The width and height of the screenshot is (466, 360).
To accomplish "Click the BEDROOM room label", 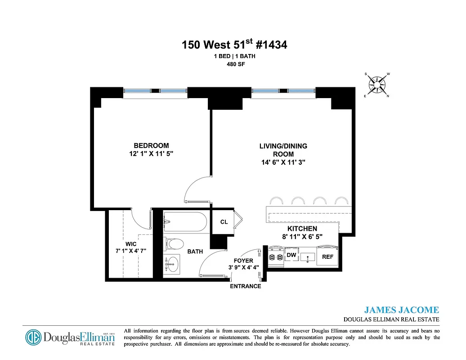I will [x=151, y=145].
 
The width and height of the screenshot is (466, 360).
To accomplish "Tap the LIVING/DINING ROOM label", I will [x=283, y=146].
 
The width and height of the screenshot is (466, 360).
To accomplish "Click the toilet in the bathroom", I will [x=173, y=244].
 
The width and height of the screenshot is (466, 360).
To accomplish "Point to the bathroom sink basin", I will [x=171, y=264].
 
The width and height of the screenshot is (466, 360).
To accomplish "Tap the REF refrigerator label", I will [x=327, y=257].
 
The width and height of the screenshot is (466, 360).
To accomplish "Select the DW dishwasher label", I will [x=291, y=256].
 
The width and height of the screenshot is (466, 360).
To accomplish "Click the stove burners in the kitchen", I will [x=274, y=257].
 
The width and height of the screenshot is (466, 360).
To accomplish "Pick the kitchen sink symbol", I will [x=309, y=257].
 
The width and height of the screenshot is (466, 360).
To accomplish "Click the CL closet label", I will [x=224, y=222].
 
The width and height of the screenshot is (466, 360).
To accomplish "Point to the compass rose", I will [x=377, y=84].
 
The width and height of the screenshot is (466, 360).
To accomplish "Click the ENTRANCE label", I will [x=245, y=286].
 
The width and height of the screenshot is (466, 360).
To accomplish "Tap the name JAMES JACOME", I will [x=401, y=310].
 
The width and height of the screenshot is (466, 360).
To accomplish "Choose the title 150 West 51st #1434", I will [x=234, y=45].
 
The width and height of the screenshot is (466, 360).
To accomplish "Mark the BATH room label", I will [x=195, y=252].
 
